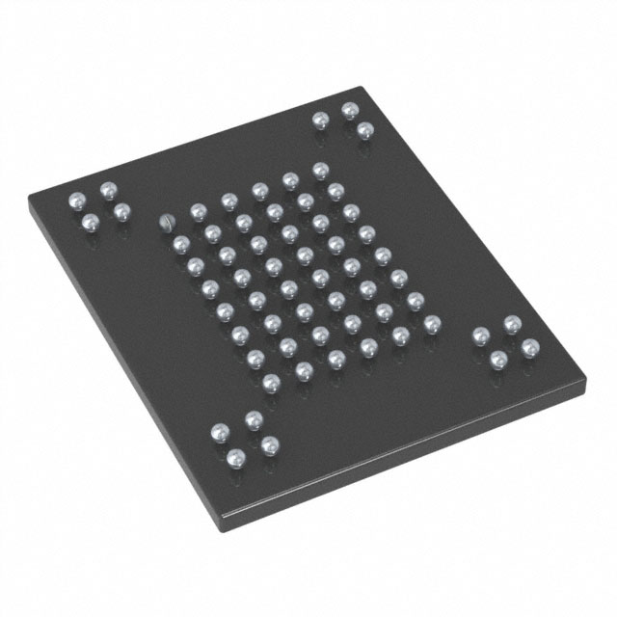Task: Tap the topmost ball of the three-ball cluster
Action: pos(349,111)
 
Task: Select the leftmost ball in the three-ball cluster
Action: pos(320,120)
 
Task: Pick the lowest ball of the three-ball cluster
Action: pos(363,130)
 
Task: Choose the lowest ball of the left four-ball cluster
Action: pos(91,223)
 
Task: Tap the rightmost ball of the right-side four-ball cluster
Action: pos(528,346)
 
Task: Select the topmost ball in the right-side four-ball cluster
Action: pos(511,324)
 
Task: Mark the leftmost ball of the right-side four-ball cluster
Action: pos(480,335)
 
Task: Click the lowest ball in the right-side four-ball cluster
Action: pos(498,359)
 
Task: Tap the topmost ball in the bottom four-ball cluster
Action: pos(254,418)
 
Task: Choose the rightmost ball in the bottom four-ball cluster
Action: pos(269,444)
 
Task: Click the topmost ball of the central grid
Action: pos(320,170)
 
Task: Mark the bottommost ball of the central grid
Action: pos(271,383)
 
